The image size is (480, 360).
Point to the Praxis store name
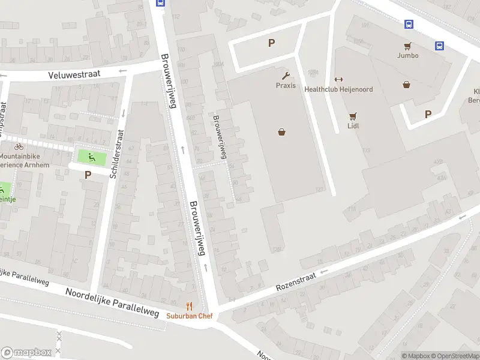coord(286,86)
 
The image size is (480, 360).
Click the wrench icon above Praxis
coord(286,76)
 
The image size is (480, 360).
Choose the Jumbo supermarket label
coord(407,56)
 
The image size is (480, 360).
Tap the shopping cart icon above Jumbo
coord(407,46)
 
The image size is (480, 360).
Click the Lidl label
coord(353,127)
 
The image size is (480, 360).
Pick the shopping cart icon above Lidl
coord(353,116)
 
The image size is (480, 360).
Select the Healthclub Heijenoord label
coord(338,89)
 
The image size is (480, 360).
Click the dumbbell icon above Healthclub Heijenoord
coord(338,79)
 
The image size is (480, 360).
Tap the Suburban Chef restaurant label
coord(190,316)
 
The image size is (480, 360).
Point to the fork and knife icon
coord(190,306)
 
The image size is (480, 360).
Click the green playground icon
coord(91,158)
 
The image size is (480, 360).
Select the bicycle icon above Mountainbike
coord(19,146)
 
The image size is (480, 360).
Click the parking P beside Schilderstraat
coord(88,175)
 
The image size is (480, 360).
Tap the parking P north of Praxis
coord(271,43)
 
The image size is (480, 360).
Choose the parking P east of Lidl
coord(428,114)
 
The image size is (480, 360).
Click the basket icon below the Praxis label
coord(281,132)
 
